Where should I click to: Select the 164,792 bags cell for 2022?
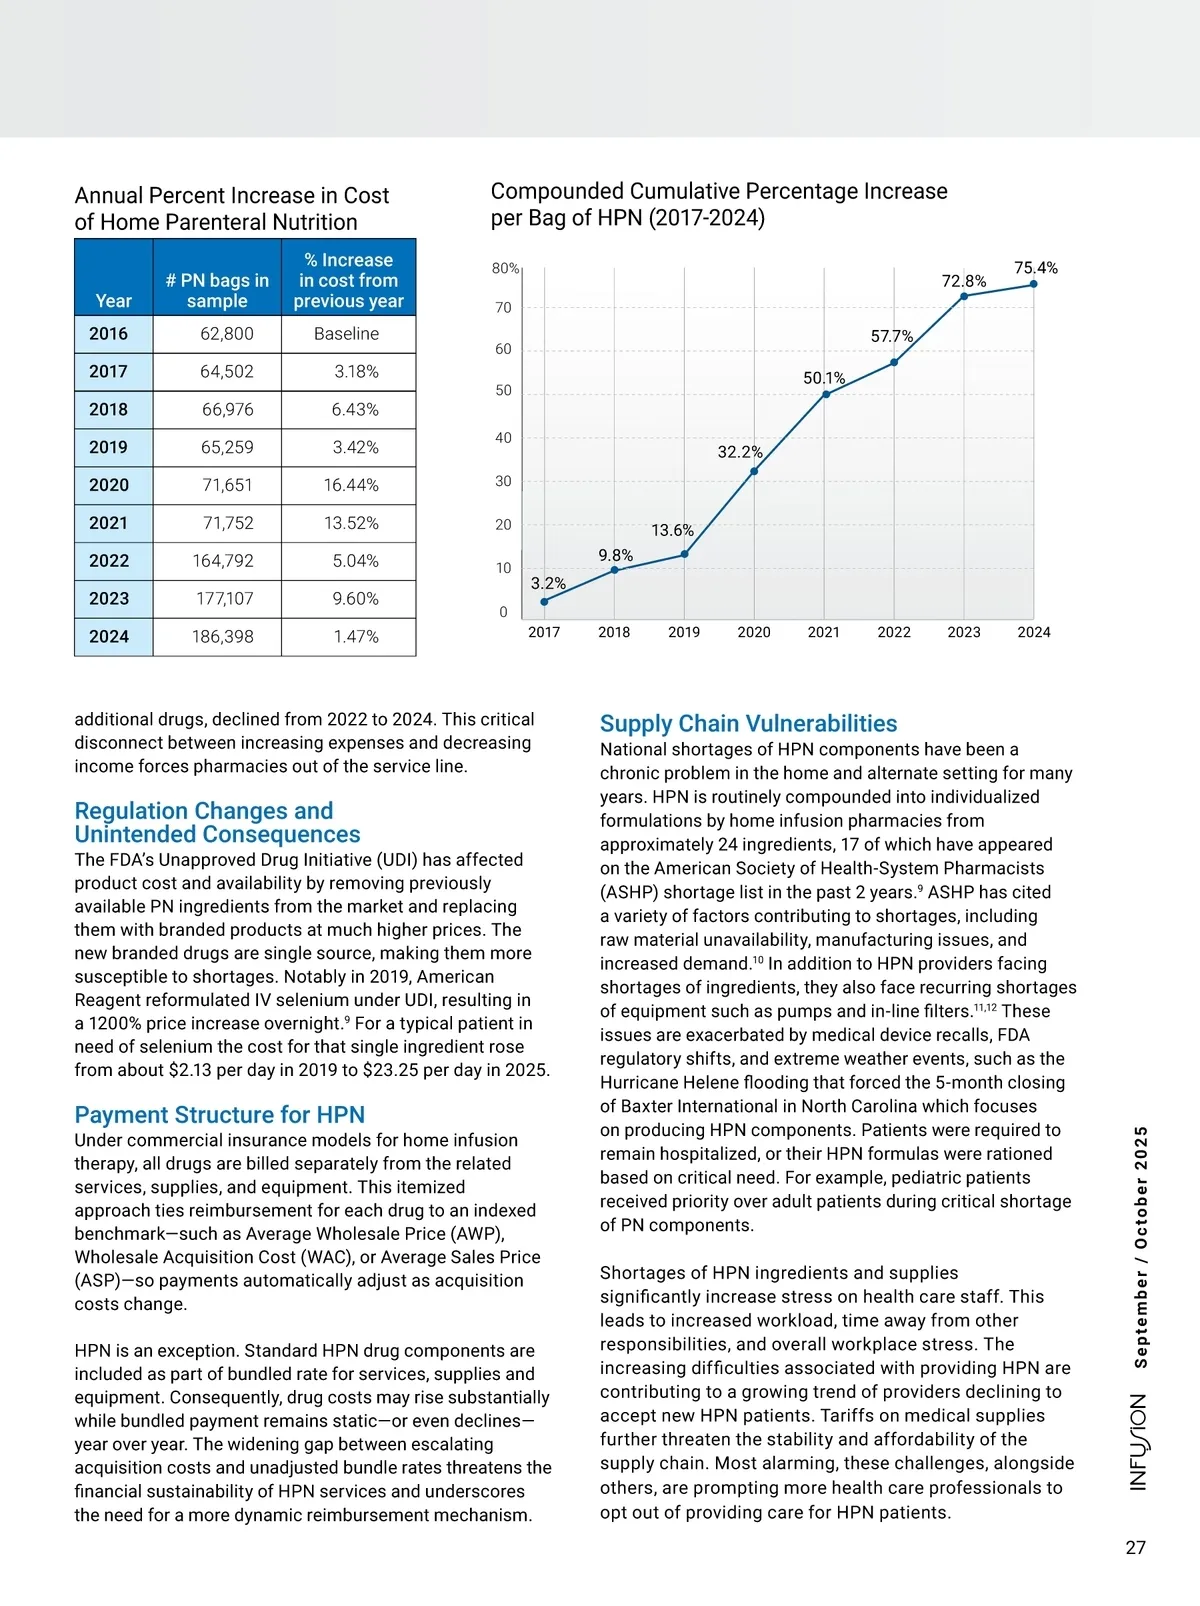click(x=223, y=561)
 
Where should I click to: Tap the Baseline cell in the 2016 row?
click(x=346, y=334)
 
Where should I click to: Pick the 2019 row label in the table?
click(x=109, y=447)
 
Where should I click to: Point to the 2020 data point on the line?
click(x=754, y=471)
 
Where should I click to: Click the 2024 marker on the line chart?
click(x=1034, y=284)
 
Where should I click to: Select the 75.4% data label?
click(x=1035, y=268)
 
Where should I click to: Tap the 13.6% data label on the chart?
click(x=672, y=530)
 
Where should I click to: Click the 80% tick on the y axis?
click(x=505, y=268)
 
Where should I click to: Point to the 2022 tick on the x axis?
click(x=894, y=632)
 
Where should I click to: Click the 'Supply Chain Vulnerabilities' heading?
click(x=748, y=723)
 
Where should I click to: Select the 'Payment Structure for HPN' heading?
click(x=219, y=1114)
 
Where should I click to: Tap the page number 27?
click(x=1135, y=1547)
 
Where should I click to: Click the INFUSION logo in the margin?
click(x=1139, y=1442)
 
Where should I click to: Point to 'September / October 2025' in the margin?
click(x=1140, y=1246)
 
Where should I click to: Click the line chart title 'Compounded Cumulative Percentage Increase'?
click(x=719, y=191)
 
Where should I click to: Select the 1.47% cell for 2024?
click(x=355, y=637)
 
